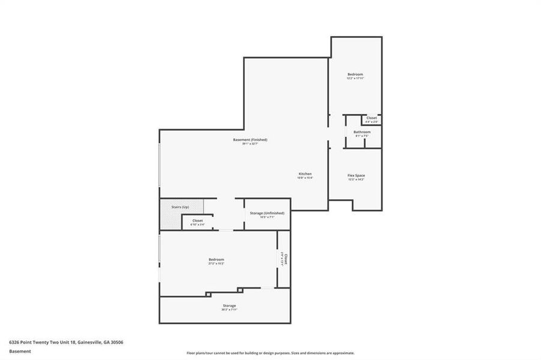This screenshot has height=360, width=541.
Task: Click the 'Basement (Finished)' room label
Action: (x=250, y=140)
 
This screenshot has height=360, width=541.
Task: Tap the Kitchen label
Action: (x=305, y=174)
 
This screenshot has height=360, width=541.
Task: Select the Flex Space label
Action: (x=356, y=175)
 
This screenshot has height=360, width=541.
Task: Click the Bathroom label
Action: (x=361, y=132)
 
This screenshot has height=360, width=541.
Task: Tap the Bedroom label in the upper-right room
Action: (x=355, y=74)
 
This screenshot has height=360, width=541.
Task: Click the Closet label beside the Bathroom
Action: (x=372, y=118)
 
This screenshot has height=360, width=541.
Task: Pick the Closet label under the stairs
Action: (x=198, y=221)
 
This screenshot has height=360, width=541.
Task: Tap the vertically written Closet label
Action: (x=286, y=259)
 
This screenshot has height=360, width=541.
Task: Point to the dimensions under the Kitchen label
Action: (x=305, y=178)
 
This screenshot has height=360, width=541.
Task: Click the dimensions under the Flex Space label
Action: (x=356, y=179)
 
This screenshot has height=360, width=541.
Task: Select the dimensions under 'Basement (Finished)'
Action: (x=250, y=144)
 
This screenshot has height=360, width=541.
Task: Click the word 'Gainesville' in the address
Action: (x=88, y=342)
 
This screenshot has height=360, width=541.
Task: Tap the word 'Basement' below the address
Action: (x=20, y=352)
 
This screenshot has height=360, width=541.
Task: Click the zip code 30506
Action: (x=116, y=342)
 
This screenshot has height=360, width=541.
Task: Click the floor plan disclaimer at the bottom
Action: (x=270, y=353)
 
